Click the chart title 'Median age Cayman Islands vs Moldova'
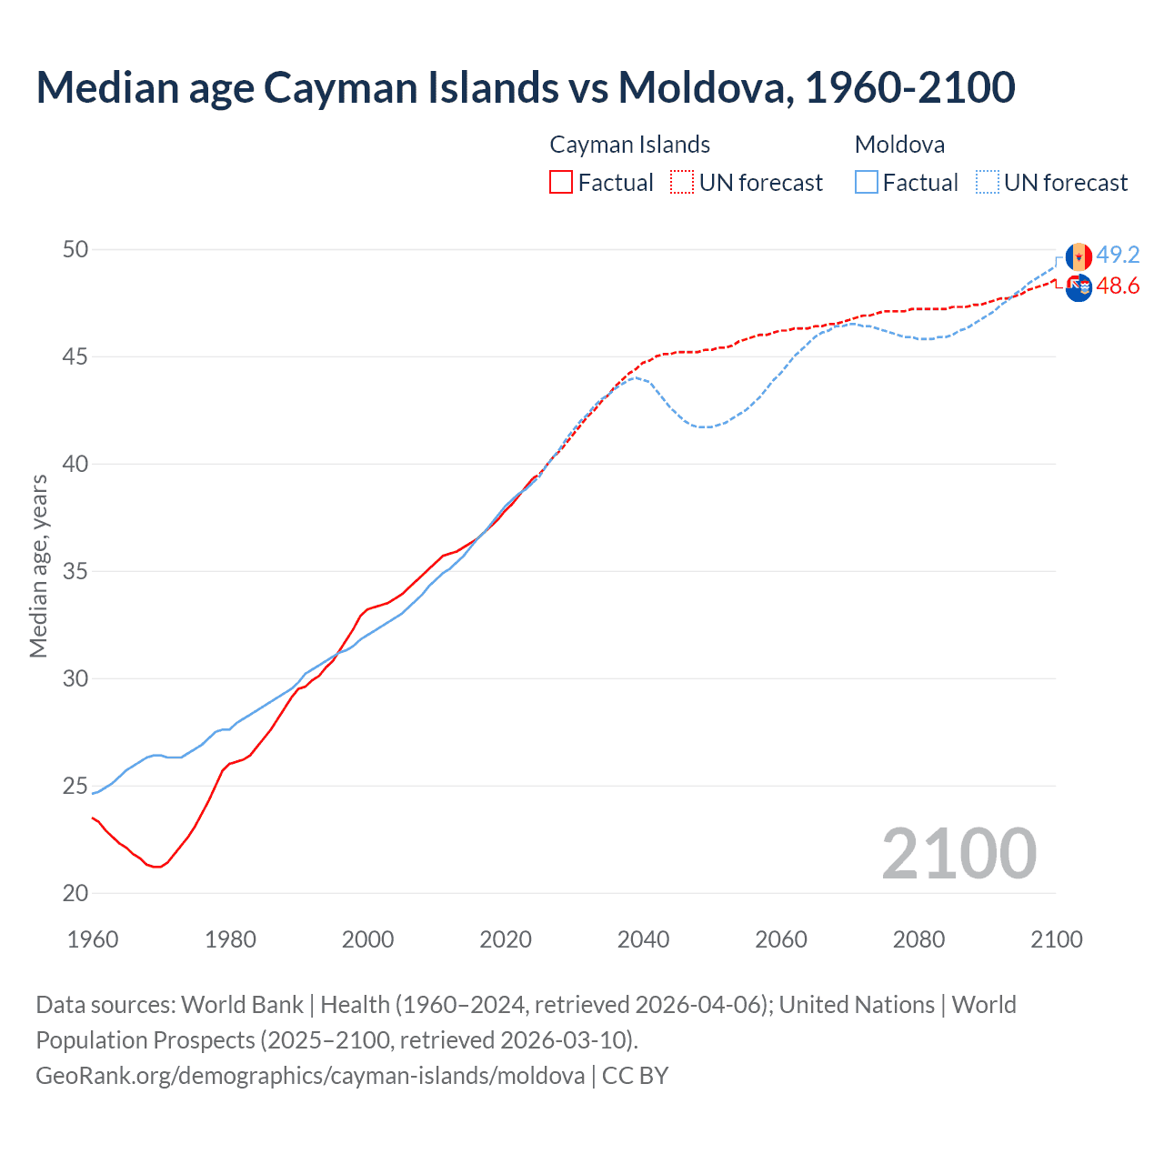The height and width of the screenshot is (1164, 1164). (x=525, y=87)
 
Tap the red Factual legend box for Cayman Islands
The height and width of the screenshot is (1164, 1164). (x=561, y=183)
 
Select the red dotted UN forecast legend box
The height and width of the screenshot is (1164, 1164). (x=682, y=183)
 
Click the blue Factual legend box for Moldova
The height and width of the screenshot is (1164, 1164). (x=867, y=183)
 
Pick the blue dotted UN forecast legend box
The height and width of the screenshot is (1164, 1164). (x=988, y=183)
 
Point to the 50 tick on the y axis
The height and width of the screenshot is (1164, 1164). (x=75, y=249)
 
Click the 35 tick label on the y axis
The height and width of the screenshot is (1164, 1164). (x=75, y=572)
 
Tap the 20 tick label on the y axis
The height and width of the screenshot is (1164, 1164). (x=75, y=894)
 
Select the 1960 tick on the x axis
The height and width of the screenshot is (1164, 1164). (x=93, y=939)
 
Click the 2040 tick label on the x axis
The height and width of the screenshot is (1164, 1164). (x=643, y=939)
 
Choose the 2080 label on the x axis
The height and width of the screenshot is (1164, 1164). (x=918, y=939)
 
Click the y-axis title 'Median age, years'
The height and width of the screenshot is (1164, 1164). (x=38, y=566)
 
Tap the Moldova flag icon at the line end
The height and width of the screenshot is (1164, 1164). (x=1079, y=256)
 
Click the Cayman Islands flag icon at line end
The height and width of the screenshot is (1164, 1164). (x=1079, y=287)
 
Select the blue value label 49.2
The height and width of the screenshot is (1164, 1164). (x=1118, y=255)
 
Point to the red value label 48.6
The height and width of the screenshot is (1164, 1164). (x=1118, y=286)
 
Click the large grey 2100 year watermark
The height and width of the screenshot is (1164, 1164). (x=958, y=853)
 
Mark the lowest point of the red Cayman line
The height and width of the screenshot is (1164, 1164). (x=157, y=867)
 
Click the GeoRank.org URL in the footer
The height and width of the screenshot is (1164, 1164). (x=310, y=1076)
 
